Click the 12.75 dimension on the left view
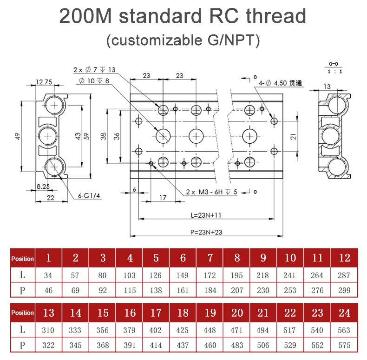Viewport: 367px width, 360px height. point(44,82)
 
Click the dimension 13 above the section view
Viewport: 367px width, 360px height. point(327,87)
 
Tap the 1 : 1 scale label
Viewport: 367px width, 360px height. point(334,72)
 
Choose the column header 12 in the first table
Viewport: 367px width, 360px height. point(344,258)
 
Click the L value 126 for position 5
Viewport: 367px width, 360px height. point(156,275)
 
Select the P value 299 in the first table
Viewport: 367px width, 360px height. point(344,290)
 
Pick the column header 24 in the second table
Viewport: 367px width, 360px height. point(344,313)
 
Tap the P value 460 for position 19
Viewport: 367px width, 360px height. point(210,346)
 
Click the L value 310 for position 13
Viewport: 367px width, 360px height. point(48,330)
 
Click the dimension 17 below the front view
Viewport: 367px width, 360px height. point(163,198)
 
